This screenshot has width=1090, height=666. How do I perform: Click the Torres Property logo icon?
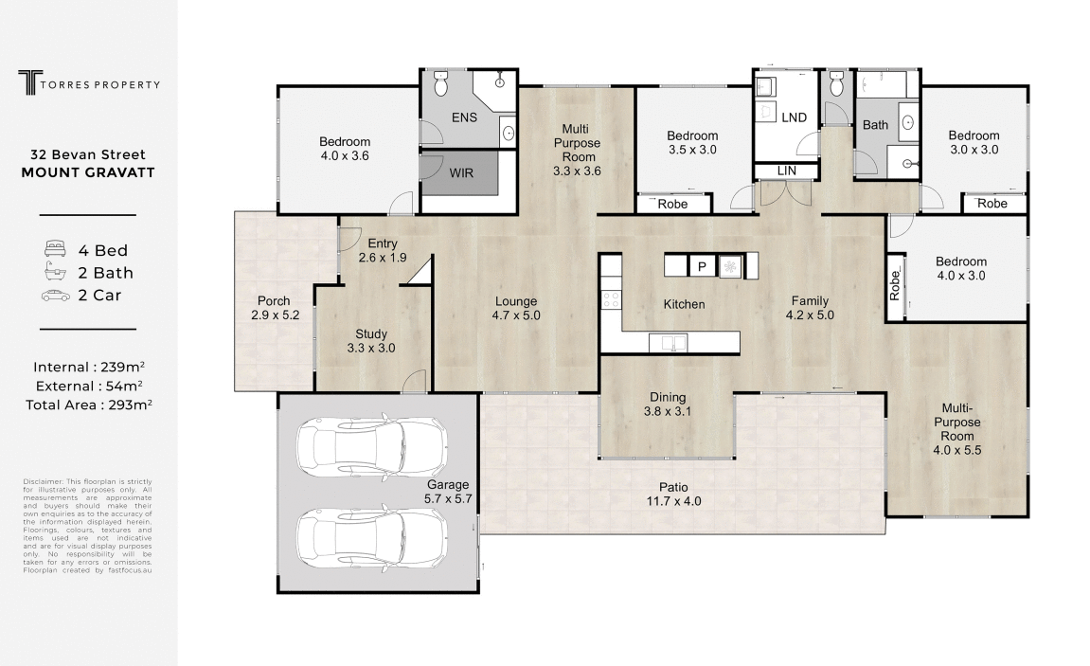(30, 82)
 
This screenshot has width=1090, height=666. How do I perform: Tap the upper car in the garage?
(372, 448)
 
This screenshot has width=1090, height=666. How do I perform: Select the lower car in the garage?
(372, 540)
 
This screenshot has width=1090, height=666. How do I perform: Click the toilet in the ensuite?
(440, 83)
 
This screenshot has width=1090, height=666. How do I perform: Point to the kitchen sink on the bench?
(668, 343)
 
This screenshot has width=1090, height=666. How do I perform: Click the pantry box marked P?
(702, 266)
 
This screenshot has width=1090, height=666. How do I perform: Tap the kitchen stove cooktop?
(611, 299)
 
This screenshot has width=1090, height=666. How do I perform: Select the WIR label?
(461, 173)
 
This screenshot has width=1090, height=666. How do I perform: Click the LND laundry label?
(794, 117)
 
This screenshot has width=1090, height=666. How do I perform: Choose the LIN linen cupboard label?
(787, 171)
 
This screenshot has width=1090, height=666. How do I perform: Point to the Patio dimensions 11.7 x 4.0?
(673, 501)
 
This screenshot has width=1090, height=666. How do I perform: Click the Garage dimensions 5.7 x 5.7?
(448, 498)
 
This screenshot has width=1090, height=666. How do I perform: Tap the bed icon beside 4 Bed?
(56, 249)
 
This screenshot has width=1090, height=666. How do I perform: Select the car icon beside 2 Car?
(56, 296)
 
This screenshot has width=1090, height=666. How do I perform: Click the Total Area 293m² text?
(89, 405)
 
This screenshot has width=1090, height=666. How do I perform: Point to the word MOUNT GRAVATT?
(88, 172)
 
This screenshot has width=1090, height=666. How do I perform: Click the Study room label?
(371, 333)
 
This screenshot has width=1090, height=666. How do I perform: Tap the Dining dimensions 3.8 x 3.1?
(668, 411)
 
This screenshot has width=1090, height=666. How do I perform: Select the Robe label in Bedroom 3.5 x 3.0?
(672, 204)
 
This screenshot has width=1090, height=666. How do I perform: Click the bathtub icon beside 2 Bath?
(56, 271)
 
